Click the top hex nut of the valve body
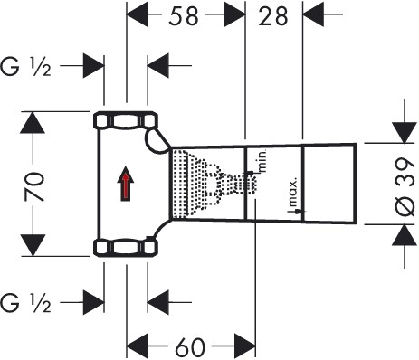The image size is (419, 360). [x=123, y=119]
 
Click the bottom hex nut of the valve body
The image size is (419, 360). [x=123, y=247]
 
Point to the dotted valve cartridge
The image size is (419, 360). [x=203, y=183]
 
